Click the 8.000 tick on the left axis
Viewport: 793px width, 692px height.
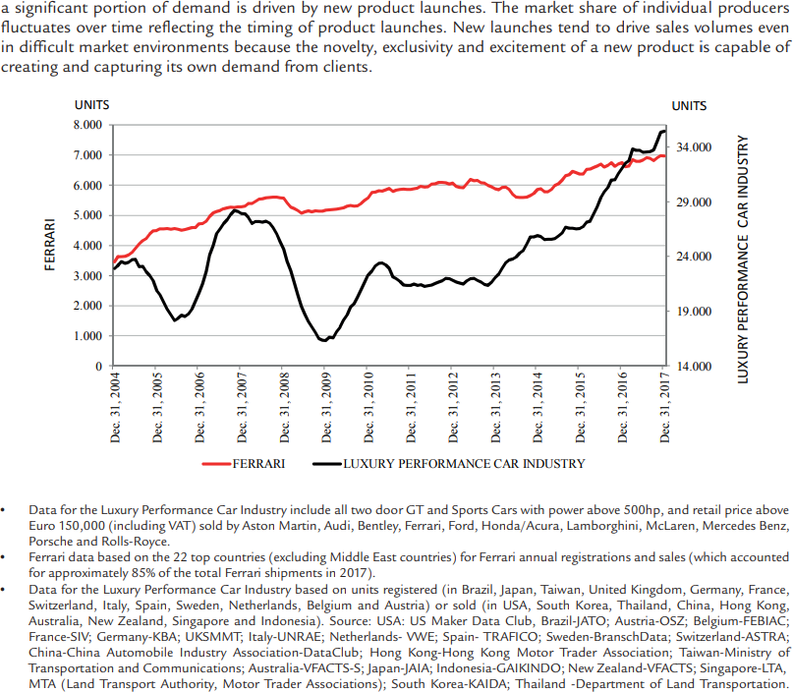coord(87,125)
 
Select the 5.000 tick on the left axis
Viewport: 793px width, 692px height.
coord(87,215)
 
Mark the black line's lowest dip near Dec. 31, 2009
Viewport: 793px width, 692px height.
coord(323,340)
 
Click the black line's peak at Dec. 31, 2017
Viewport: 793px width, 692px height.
coord(663,131)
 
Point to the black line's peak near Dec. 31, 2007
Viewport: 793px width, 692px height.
coord(234,210)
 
